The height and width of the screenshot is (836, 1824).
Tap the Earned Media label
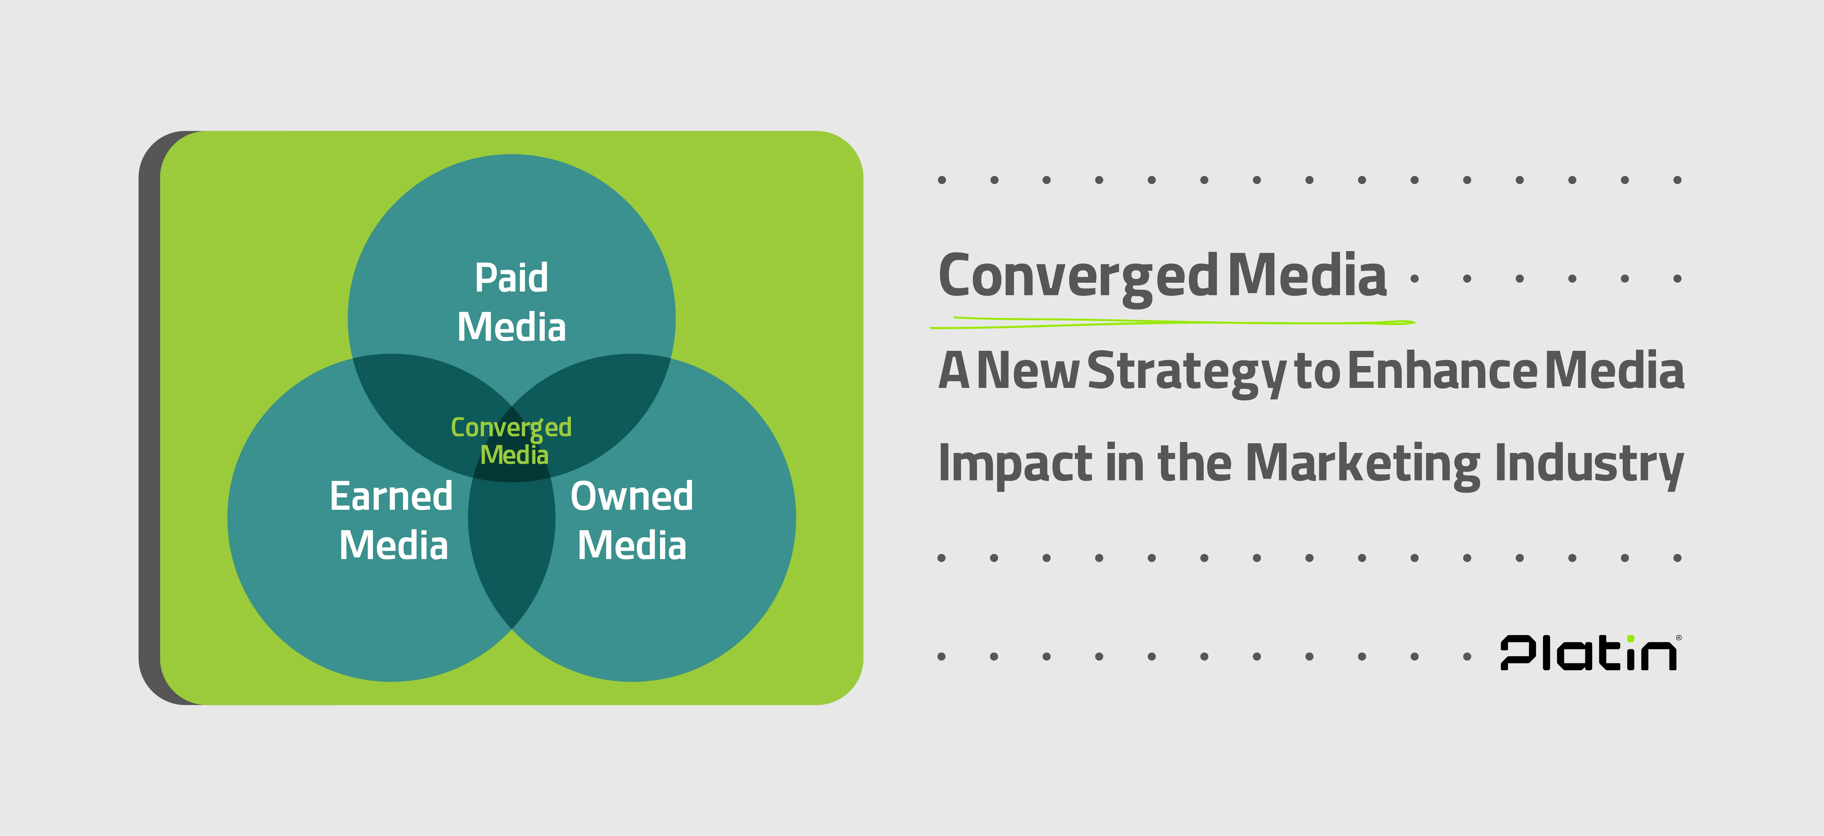(392, 520)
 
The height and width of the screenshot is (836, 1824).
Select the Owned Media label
(632, 520)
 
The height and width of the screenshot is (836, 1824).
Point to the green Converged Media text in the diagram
(511, 440)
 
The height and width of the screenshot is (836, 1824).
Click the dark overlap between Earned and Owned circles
(511, 545)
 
